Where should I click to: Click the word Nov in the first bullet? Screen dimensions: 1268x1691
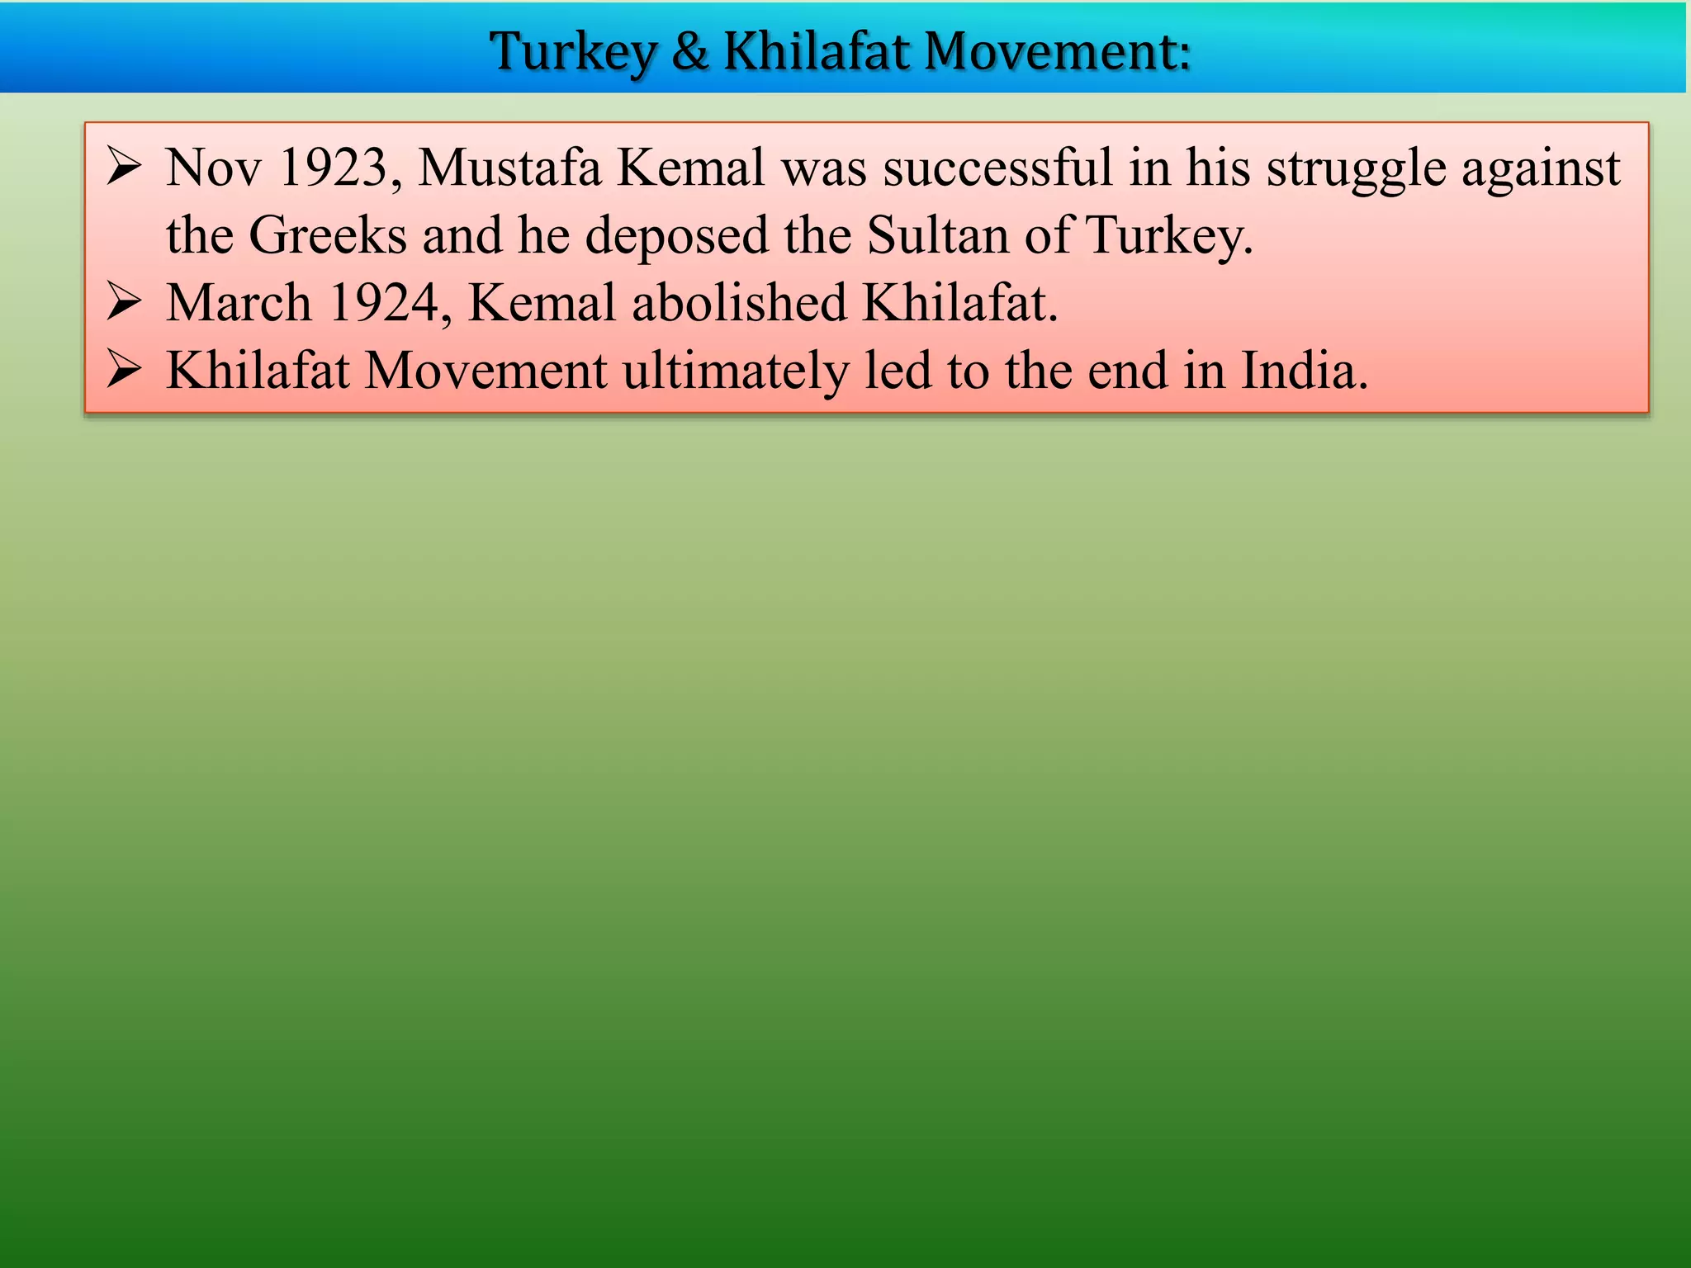(213, 168)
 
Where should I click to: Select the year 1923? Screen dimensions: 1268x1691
(334, 168)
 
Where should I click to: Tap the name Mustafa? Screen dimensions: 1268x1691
(509, 168)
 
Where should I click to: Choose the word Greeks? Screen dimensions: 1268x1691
(327, 236)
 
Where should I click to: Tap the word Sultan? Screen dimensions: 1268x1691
(938, 236)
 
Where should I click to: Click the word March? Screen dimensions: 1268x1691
(239, 303)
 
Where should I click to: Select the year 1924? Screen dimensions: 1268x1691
(384, 303)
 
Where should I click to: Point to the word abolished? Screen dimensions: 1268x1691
(739, 303)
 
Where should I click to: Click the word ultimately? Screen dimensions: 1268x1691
(735, 371)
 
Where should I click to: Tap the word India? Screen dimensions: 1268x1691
(1299, 371)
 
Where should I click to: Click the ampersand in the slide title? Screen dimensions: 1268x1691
(690, 51)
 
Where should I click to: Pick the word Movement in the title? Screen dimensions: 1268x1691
(1057, 51)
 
